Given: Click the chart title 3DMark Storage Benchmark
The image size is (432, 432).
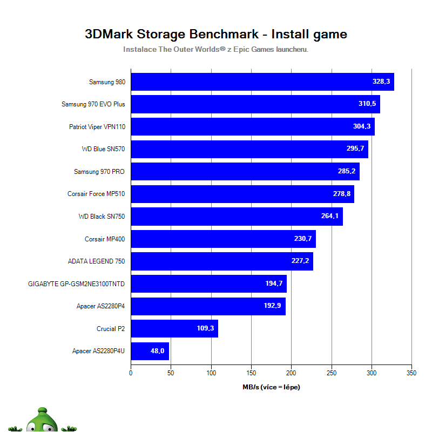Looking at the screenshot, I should tap(215, 35).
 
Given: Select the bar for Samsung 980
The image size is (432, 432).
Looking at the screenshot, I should tap(262, 82).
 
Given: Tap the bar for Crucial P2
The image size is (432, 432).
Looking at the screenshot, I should tap(174, 328).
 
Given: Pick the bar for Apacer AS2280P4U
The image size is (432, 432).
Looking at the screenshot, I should tap(150, 351).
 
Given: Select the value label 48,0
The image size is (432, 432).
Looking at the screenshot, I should tap(157, 351).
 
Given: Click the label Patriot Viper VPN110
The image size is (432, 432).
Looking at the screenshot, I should tap(97, 127).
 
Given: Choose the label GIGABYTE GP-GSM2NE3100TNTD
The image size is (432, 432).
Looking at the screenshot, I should tap(76, 283).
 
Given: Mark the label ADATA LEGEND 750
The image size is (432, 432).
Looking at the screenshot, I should tap(96, 261).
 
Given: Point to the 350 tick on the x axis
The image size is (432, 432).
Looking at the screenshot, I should tap(411, 373).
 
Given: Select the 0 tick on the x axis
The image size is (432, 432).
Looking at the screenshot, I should tap(131, 373).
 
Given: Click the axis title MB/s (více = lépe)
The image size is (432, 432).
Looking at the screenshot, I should tap(271, 387).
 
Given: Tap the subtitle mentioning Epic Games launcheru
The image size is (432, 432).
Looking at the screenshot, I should tap(215, 49).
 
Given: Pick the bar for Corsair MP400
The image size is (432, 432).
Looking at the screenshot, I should tap(223, 239).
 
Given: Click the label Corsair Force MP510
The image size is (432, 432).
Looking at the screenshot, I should tap(96, 194).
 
